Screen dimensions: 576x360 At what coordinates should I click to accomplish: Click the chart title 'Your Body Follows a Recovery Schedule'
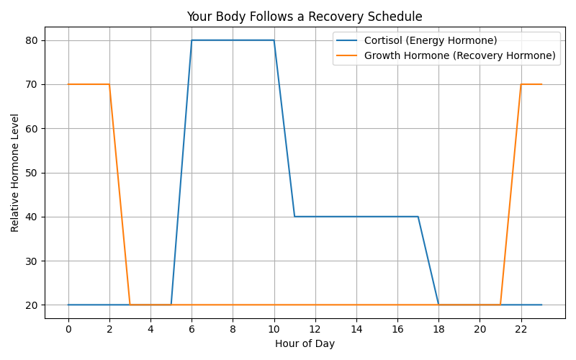305,17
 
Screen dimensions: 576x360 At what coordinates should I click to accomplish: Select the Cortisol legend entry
417,40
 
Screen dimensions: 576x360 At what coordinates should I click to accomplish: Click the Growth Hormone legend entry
446,55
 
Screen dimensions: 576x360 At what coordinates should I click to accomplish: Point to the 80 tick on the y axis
31,40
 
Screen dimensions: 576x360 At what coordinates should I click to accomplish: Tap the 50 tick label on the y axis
31,173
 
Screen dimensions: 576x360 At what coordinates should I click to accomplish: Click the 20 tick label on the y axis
31,305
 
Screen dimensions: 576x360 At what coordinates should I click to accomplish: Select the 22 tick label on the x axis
521,329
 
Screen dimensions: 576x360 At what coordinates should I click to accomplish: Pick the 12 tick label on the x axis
315,329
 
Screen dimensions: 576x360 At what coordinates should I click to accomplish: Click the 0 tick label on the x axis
68,329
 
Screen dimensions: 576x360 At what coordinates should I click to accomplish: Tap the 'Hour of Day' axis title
305,344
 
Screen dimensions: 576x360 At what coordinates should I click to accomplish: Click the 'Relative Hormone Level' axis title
14,173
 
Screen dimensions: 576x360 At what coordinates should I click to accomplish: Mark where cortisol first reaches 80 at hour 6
192,40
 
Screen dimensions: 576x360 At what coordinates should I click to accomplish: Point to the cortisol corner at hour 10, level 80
274,40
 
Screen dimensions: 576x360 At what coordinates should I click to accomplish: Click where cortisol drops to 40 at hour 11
294,217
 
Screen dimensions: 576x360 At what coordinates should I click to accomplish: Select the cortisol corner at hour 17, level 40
418,217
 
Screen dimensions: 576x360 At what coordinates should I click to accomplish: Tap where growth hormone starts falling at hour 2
109,84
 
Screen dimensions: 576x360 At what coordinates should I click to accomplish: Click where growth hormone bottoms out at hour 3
130,305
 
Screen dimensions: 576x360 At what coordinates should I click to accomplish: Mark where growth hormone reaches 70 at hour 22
521,84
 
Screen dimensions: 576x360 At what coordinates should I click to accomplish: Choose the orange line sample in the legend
347,55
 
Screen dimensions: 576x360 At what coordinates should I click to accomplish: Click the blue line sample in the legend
347,40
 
